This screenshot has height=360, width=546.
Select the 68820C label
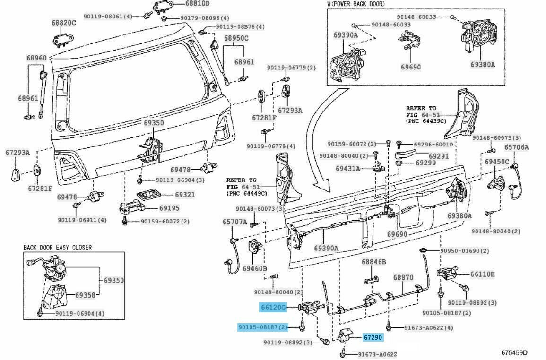pyautogui.click(x=64, y=22)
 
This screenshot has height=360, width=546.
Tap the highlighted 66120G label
pyautogui.click(x=273, y=308)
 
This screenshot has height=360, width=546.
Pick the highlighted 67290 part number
pyautogui.click(x=373, y=338)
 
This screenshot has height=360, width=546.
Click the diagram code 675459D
pyautogui.click(x=514, y=352)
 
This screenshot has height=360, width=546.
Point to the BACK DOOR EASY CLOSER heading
pyautogui.click(x=58, y=247)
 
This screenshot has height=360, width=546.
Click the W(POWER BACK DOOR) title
pyautogui.click(x=356, y=4)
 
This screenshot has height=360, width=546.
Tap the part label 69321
pyautogui.click(x=185, y=194)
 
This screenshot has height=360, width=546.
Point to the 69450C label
pyautogui.click(x=496, y=162)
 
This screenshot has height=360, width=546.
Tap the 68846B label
pyautogui.click(x=374, y=261)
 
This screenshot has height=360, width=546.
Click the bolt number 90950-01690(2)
pyautogui.click(x=465, y=250)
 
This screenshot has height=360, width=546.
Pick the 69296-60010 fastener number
pyautogui.click(x=433, y=144)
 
